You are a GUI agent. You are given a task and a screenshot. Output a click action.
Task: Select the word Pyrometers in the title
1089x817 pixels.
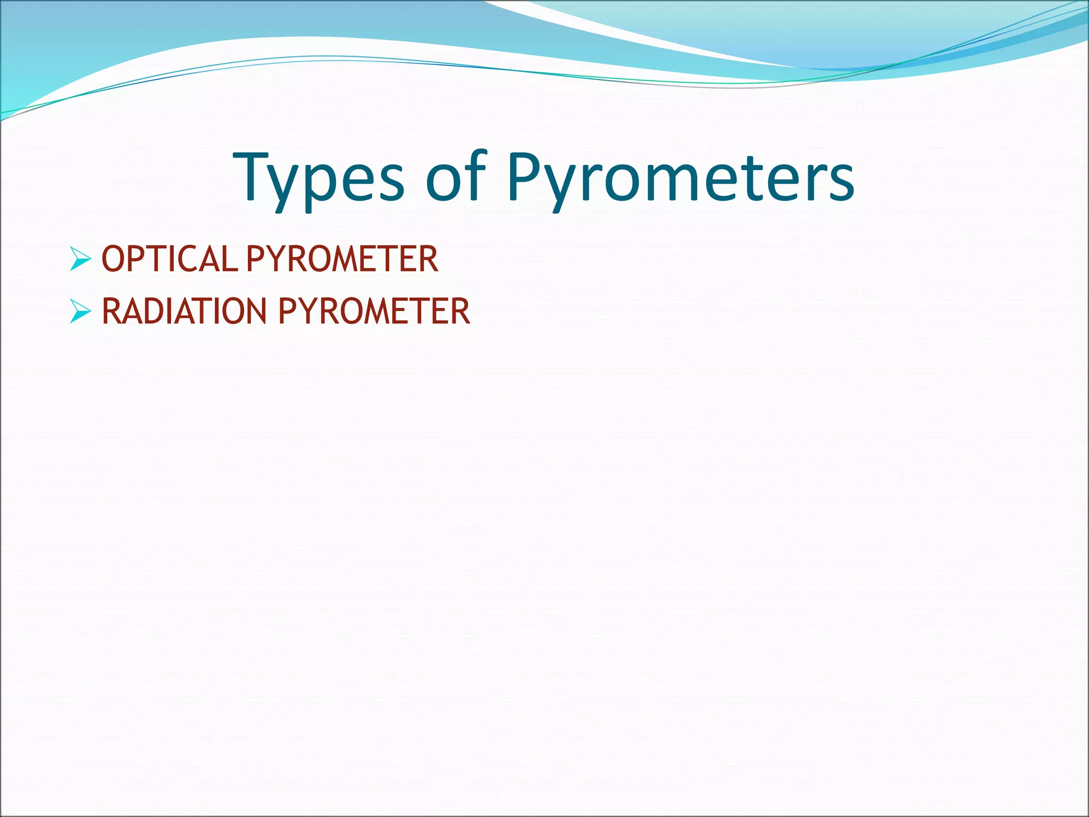click(x=681, y=179)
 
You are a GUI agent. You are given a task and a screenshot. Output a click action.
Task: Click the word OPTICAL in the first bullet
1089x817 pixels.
click(x=169, y=259)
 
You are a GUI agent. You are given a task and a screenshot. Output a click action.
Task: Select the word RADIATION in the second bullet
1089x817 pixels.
click(x=184, y=311)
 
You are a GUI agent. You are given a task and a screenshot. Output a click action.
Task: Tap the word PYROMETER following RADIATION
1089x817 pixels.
click(x=374, y=311)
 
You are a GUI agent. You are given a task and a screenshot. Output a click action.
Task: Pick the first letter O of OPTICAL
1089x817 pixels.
click(x=113, y=259)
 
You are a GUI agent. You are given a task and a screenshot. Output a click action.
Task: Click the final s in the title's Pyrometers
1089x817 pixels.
click(x=840, y=184)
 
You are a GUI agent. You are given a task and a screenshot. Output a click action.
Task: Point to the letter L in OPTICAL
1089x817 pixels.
click(x=230, y=259)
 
